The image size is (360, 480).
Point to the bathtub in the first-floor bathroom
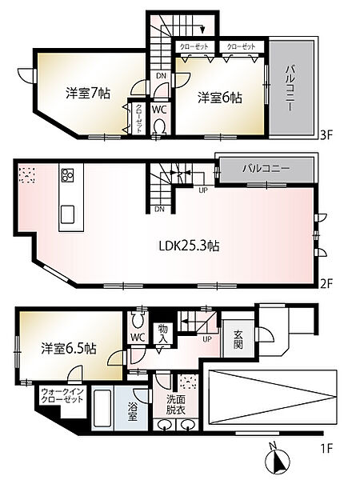(104, 410)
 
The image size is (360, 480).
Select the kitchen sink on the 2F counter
(67, 214)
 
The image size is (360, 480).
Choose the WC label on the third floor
(158, 108)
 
